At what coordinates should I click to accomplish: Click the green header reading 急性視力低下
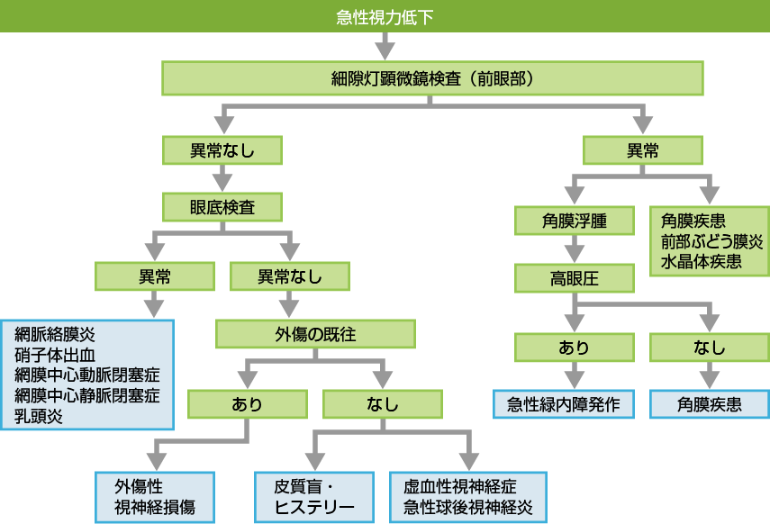(385, 16)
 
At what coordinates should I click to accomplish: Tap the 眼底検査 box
(222, 207)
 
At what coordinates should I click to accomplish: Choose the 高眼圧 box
(573, 278)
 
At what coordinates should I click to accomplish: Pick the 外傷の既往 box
(315, 335)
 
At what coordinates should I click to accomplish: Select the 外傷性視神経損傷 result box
(156, 496)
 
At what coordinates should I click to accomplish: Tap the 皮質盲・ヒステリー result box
(313, 496)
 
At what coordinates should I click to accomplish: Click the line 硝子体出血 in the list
(61, 355)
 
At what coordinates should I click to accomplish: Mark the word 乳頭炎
(39, 416)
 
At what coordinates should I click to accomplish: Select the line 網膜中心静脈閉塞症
(87, 396)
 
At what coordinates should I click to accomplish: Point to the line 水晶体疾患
(701, 262)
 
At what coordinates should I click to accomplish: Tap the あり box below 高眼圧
(573, 348)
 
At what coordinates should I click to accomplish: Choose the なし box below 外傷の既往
(382, 404)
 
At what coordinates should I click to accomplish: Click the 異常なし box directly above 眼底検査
(222, 150)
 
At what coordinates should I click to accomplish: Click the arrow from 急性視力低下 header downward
(385, 46)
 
